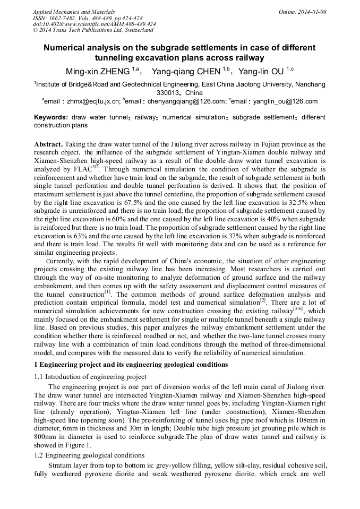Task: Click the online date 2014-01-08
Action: tap(312, 12)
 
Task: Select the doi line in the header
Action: tap(94, 24)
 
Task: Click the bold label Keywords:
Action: tap(50, 117)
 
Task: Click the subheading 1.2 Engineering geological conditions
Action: tap(89, 455)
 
